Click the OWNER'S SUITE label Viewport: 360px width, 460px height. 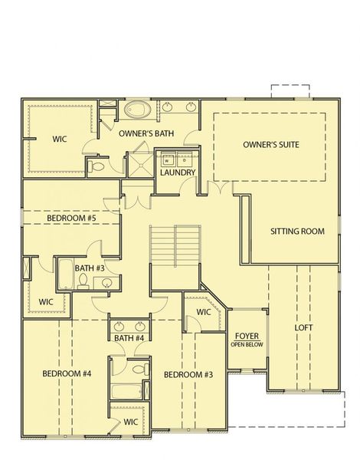pyautogui.click(x=270, y=144)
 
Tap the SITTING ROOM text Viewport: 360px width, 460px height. pyautogui.click(x=297, y=231)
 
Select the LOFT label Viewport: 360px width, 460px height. pyautogui.click(x=304, y=327)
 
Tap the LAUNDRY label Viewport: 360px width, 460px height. pyautogui.click(x=178, y=172)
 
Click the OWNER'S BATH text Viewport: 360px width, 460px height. pyautogui.click(x=146, y=133)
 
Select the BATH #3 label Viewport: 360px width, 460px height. pyautogui.click(x=90, y=268)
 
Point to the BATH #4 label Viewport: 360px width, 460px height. pyautogui.click(x=129, y=338)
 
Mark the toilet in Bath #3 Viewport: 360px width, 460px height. pyautogui.click(x=83, y=281)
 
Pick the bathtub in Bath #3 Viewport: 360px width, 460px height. pyautogui.click(x=67, y=274)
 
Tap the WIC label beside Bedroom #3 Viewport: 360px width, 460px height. pyautogui.click(x=203, y=312)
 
